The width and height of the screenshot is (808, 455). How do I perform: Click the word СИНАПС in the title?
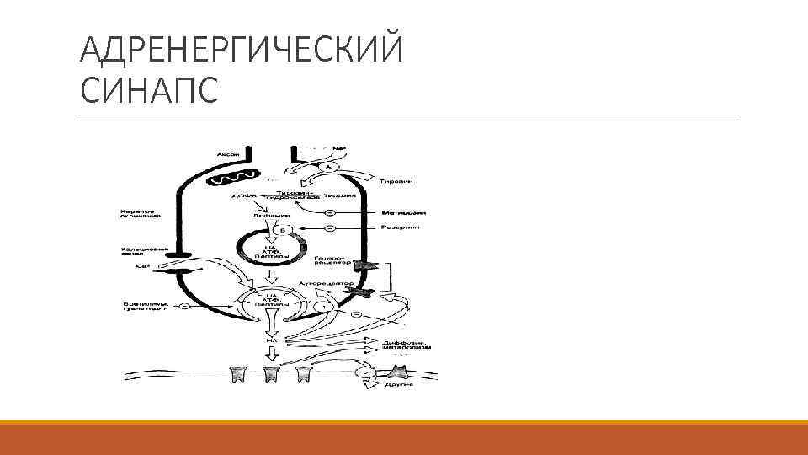point(149,88)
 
